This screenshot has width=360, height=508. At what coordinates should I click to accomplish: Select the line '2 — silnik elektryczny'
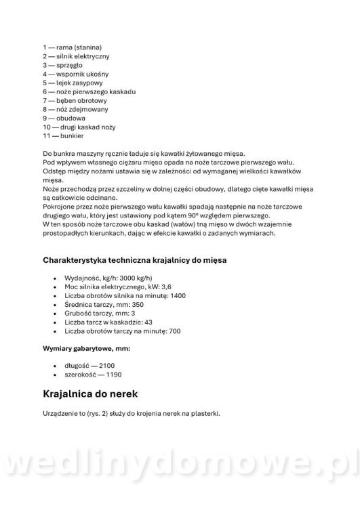coord(80,56)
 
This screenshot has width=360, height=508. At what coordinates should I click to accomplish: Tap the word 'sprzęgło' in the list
coord(66,65)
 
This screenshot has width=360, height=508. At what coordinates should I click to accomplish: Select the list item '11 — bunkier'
coord(64,135)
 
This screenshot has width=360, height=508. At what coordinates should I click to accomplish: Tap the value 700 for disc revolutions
coord(174,331)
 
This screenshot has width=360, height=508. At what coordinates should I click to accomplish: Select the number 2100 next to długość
coord(106,366)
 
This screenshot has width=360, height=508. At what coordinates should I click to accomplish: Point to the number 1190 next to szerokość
coord(111,375)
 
